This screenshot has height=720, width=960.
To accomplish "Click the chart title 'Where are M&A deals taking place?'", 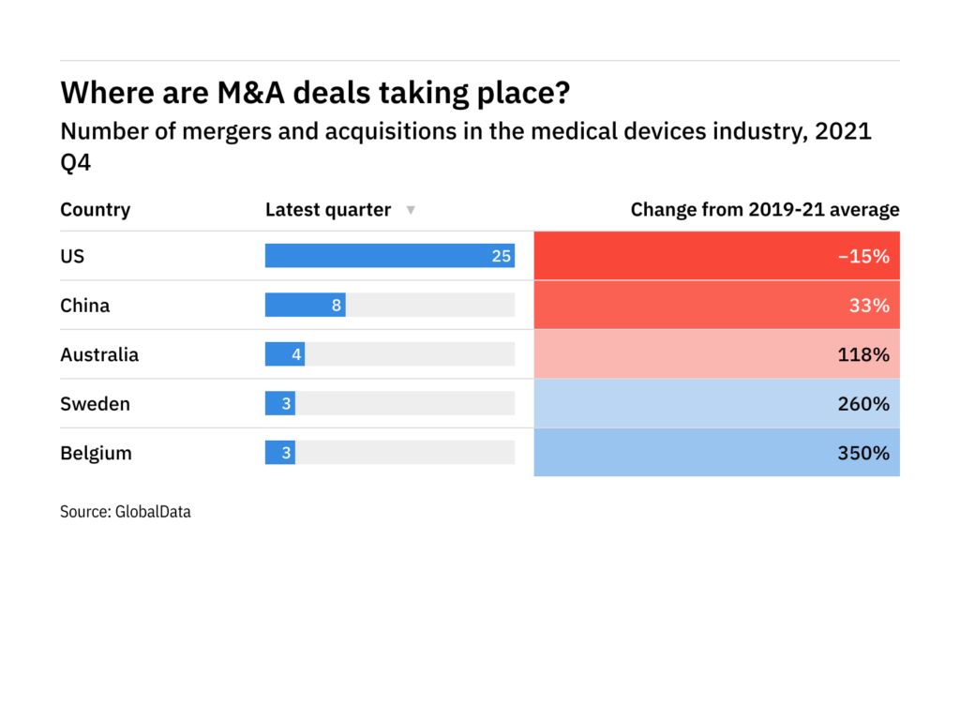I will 315,93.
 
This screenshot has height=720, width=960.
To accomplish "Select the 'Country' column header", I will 95,210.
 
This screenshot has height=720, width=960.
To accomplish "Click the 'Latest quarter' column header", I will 327,210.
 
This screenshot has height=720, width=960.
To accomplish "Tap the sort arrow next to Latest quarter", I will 410,211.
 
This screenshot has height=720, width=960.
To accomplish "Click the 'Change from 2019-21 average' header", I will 764,210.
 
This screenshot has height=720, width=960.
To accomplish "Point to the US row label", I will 72,256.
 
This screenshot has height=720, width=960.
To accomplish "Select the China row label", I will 84,306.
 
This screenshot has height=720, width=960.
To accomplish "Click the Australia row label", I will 99,354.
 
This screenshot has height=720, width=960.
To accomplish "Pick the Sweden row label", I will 95,404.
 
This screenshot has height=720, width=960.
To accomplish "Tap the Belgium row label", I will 96,453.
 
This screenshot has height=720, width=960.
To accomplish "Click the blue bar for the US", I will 389,256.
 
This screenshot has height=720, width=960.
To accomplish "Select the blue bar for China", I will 305,306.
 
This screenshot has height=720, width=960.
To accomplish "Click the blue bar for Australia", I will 285,354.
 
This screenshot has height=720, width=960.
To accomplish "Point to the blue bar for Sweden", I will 279,404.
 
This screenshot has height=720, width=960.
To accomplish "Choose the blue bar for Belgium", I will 279,453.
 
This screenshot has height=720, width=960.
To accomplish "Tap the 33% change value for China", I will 871,306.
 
